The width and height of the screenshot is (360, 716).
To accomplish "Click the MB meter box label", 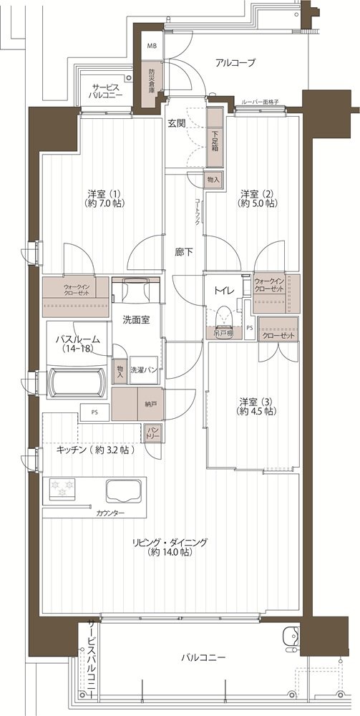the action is [x=150, y=46].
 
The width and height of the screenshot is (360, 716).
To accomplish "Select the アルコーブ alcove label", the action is [x=235, y=63].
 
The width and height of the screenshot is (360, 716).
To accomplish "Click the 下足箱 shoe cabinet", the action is [x=215, y=137].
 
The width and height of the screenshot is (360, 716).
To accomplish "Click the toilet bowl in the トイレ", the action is [x=225, y=316].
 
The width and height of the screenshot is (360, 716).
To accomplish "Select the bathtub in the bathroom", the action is [x=77, y=383].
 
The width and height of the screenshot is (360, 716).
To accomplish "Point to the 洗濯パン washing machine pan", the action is [x=144, y=369].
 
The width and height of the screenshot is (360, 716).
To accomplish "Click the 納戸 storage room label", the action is [x=149, y=404].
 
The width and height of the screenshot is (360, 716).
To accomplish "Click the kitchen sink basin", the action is [x=122, y=491].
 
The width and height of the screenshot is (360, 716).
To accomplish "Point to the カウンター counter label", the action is [x=110, y=513].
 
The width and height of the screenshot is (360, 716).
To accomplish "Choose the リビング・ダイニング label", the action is [x=170, y=542].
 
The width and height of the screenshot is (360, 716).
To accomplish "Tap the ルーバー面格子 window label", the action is [x=260, y=102].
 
